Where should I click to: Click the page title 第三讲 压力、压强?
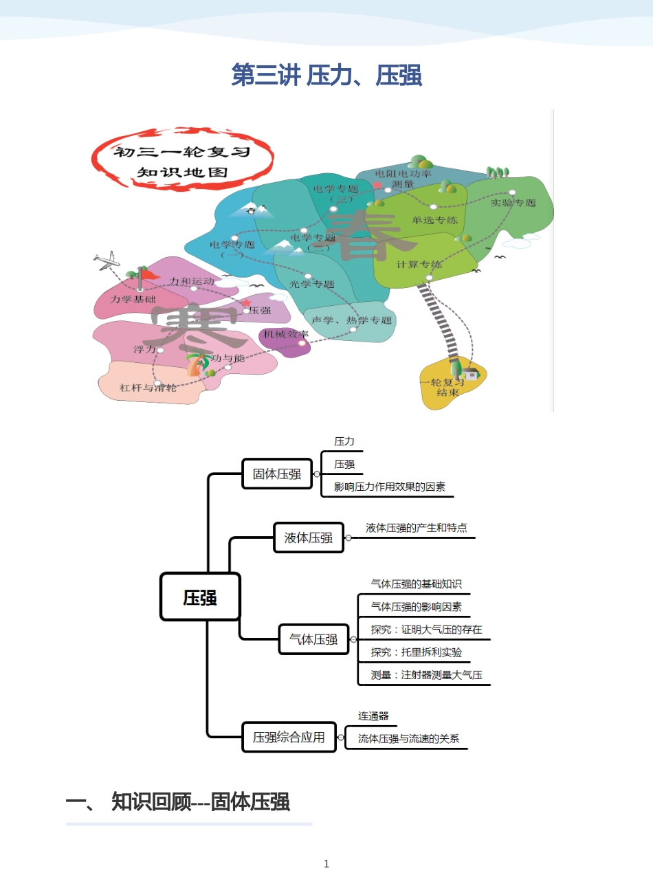click(x=326, y=75)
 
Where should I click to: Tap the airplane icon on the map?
click(x=107, y=261)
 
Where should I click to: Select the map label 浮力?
click(x=144, y=349)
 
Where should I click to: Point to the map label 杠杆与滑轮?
click(x=148, y=388)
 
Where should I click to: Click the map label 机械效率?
click(x=286, y=334)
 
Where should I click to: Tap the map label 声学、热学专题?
click(x=351, y=320)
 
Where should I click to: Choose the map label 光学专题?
click(x=311, y=284)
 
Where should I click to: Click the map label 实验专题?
click(x=513, y=203)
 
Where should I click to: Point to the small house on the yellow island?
click(x=471, y=373)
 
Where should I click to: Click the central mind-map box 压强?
click(x=200, y=597)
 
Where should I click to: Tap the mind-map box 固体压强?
click(x=277, y=474)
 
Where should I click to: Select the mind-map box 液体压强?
click(x=309, y=538)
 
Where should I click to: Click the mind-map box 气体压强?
click(x=313, y=639)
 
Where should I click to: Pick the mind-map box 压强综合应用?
click(x=289, y=738)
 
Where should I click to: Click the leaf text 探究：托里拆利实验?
click(x=417, y=652)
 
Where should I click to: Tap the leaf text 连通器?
click(x=373, y=716)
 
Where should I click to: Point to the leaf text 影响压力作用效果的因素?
click(x=390, y=487)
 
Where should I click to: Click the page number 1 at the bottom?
click(x=326, y=864)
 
